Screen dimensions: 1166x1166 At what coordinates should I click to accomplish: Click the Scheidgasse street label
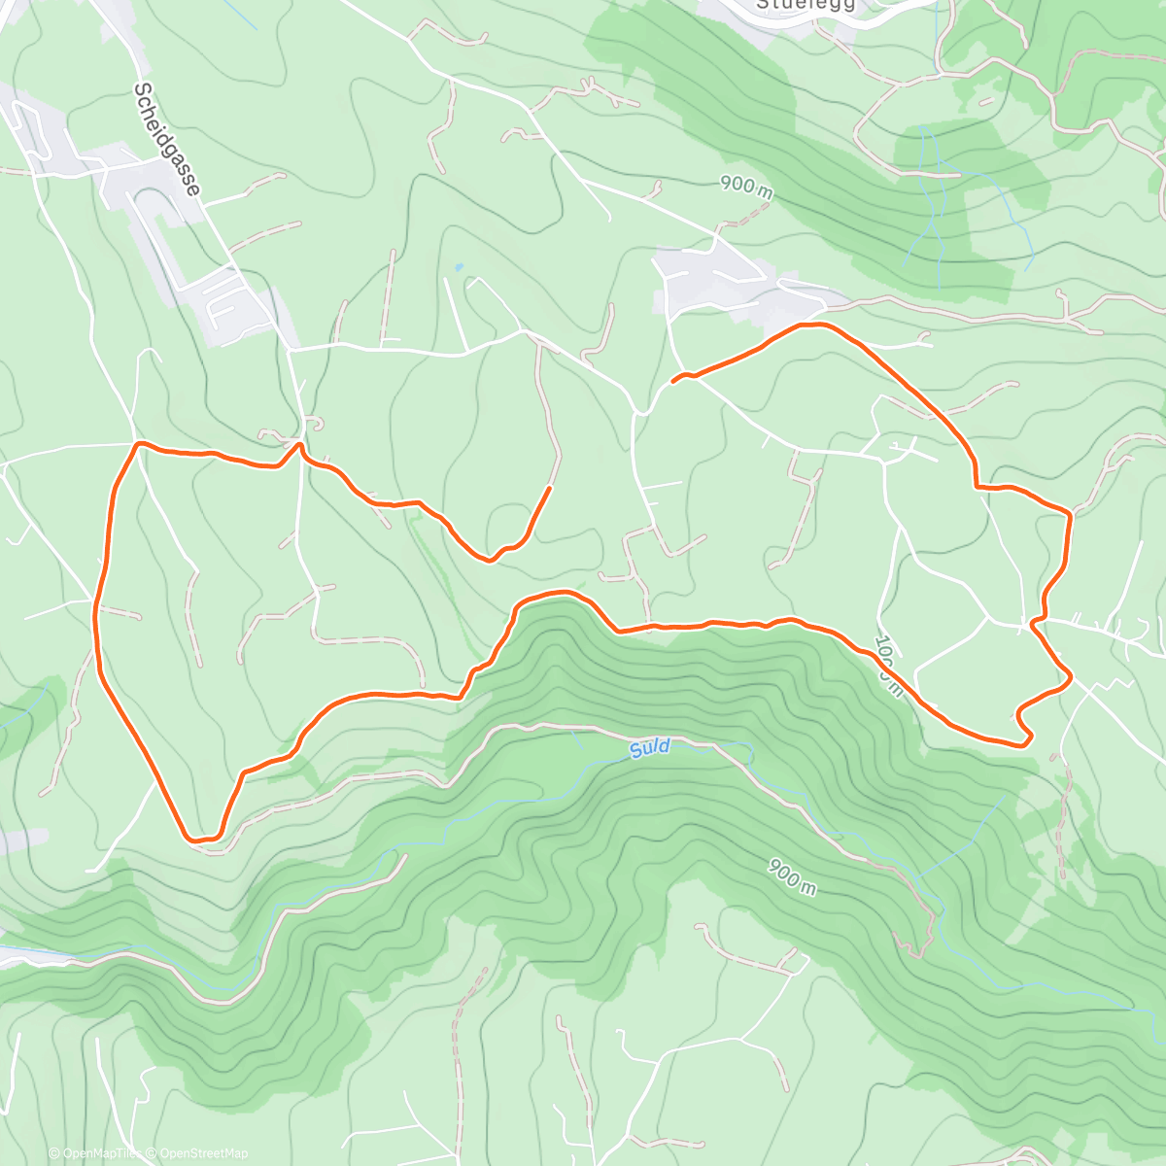pos(167,139)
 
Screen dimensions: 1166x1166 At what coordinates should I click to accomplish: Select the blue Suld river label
pos(649,748)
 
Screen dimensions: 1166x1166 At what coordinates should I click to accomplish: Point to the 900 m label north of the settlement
pos(746,186)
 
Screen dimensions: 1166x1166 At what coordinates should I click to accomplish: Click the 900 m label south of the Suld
pos(791,877)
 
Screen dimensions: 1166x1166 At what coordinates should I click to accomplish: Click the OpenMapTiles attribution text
pos(99,1153)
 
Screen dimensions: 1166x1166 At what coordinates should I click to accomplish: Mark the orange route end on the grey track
pos(550,488)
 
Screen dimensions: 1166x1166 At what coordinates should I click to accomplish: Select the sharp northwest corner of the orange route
pos(139,444)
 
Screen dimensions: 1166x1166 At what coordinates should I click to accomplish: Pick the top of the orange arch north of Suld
pos(559,593)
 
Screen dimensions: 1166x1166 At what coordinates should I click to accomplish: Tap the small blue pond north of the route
pos(458,266)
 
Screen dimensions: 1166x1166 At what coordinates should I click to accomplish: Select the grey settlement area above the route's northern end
pos(714,282)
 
